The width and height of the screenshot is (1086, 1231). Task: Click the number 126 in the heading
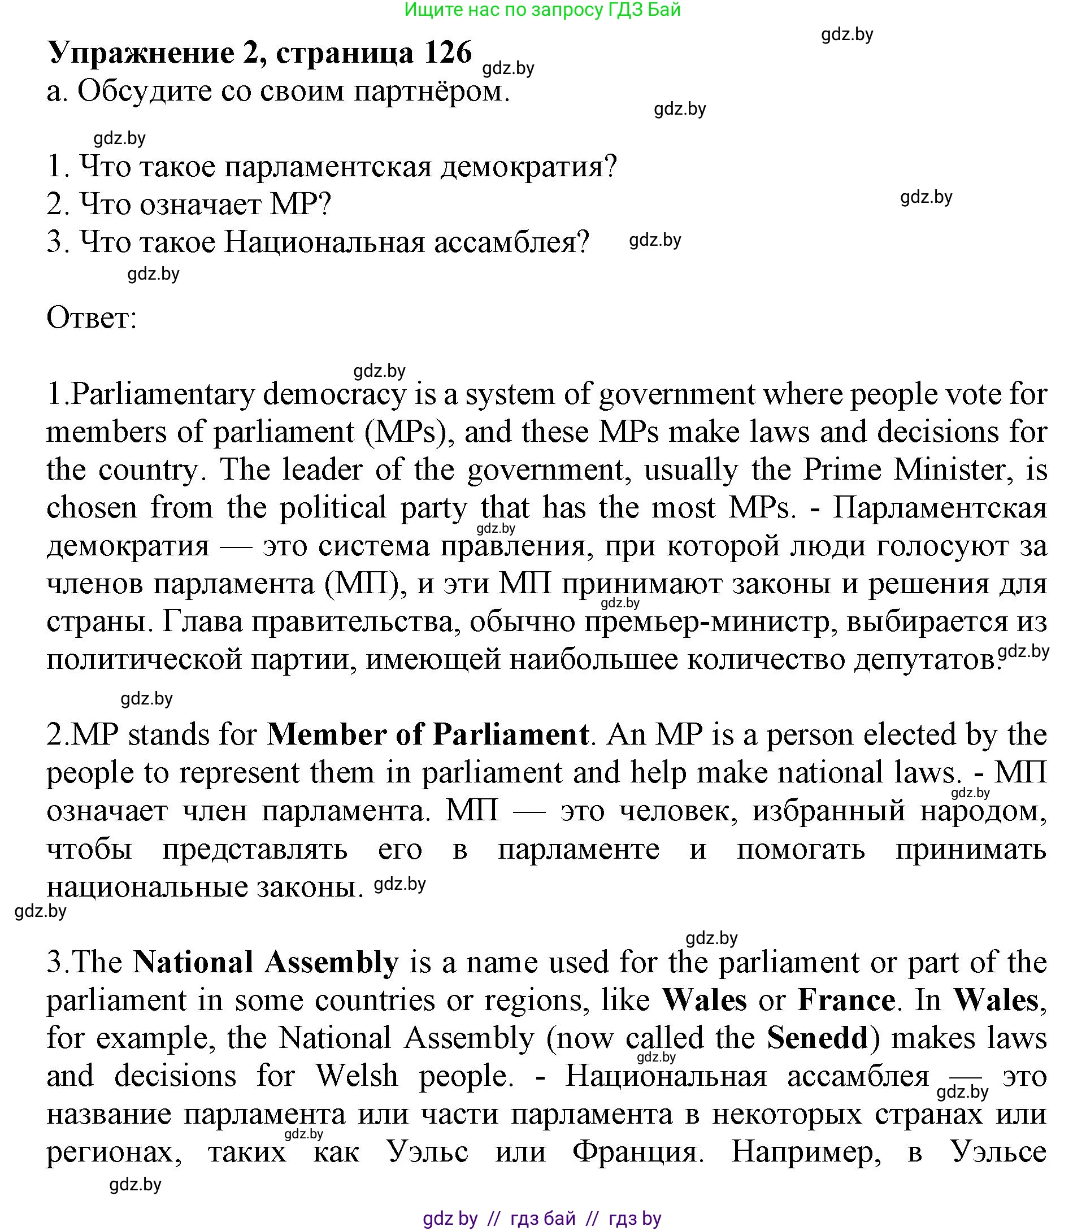click(447, 53)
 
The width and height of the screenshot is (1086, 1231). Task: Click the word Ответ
click(92, 318)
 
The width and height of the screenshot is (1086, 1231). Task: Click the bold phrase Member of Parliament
click(428, 735)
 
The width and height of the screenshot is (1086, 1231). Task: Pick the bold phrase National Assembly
click(266, 962)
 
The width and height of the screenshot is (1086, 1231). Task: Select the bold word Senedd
click(818, 1038)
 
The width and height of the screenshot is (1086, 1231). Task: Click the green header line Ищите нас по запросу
click(542, 10)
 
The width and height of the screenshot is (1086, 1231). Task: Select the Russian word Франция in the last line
click(637, 1151)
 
